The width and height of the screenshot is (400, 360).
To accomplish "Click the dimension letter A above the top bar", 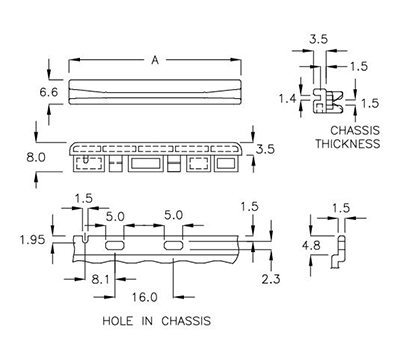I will tap(155, 60).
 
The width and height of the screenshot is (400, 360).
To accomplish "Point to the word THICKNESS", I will tap(344, 144).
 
